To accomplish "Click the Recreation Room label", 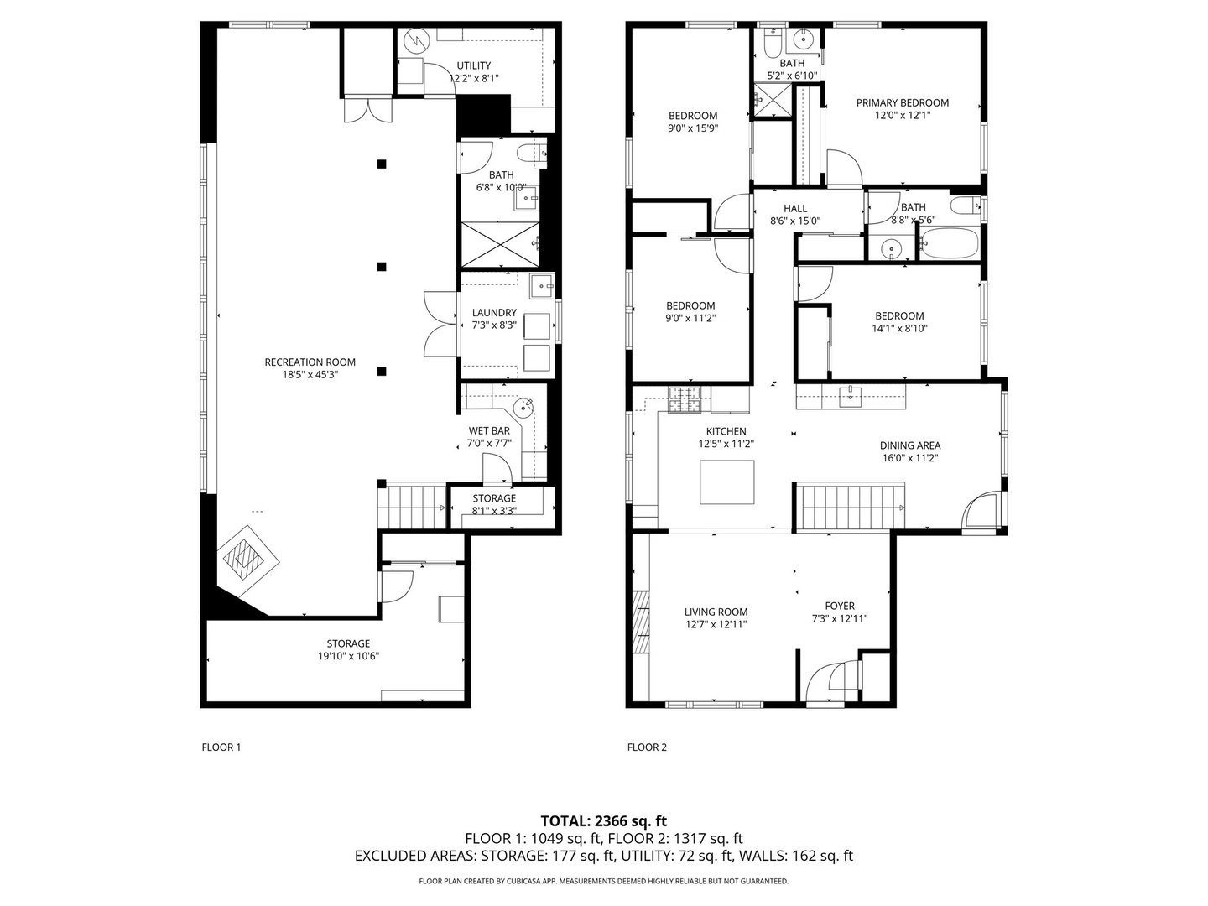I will [x=310, y=362].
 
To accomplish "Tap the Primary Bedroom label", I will [x=902, y=103].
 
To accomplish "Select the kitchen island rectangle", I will [x=726, y=483].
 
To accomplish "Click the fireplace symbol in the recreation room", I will [x=243, y=556].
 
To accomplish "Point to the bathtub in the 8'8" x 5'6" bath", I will [x=948, y=243].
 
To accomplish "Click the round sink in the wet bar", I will [x=523, y=409].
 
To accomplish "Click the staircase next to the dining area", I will [x=850, y=505].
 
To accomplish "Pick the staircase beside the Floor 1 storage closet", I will [x=411, y=507].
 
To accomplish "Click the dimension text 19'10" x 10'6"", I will [x=348, y=657].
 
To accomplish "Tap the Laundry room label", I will [x=494, y=313].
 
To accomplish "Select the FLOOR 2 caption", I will [x=647, y=747].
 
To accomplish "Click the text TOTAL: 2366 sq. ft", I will [x=603, y=820].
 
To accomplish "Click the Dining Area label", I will [x=909, y=445].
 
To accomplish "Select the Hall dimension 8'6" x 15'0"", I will [x=794, y=221].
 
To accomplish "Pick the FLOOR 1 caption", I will [x=221, y=747].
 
